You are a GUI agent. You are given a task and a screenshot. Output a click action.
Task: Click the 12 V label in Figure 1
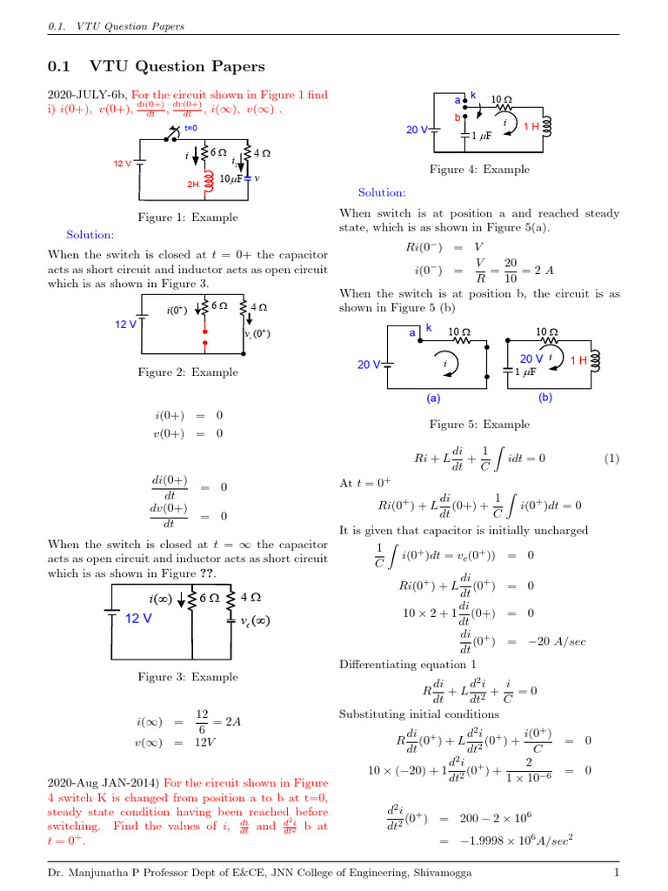click(x=123, y=164)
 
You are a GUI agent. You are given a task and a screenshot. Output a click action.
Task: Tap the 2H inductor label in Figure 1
click(x=193, y=184)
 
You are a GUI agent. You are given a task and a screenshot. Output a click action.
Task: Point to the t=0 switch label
click(x=190, y=128)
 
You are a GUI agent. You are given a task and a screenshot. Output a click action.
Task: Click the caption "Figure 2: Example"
click(x=188, y=372)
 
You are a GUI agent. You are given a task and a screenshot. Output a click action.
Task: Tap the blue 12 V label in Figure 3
click(x=138, y=619)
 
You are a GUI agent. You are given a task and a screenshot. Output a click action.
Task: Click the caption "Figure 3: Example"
click(x=188, y=677)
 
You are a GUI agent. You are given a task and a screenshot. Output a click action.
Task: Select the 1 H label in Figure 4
click(x=531, y=126)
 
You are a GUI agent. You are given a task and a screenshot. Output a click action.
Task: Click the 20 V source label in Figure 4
click(x=417, y=130)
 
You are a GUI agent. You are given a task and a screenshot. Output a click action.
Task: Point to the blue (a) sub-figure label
click(x=433, y=398)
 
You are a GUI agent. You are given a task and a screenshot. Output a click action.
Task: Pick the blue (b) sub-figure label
click(x=545, y=398)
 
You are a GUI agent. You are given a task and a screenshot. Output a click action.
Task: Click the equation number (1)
click(x=611, y=458)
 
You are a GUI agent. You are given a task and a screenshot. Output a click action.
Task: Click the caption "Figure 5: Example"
click(x=479, y=425)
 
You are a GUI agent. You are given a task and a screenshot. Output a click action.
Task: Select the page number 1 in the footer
click(x=616, y=873)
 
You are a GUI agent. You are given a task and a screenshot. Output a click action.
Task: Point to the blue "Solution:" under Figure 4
click(x=381, y=192)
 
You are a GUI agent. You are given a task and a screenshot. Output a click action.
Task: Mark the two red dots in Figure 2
click(x=205, y=337)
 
